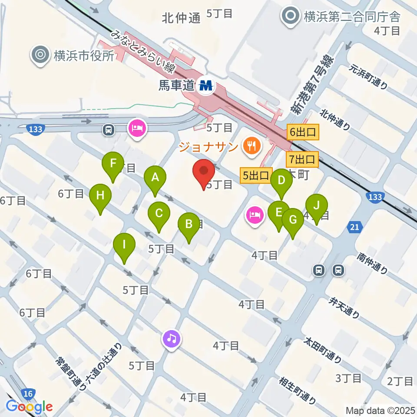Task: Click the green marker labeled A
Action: click(x=155, y=178)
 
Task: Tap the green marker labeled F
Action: click(x=113, y=164)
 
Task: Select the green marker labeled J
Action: click(x=317, y=205)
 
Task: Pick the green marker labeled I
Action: click(x=124, y=245)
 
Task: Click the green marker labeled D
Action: click(x=281, y=180)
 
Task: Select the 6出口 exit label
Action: click(x=303, y=132)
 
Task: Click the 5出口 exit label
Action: click(x=255, y=176)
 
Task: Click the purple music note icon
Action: click(x=172, y=338)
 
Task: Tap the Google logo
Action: click(x=29, y=407)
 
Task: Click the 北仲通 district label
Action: click(x=181, y=18)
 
